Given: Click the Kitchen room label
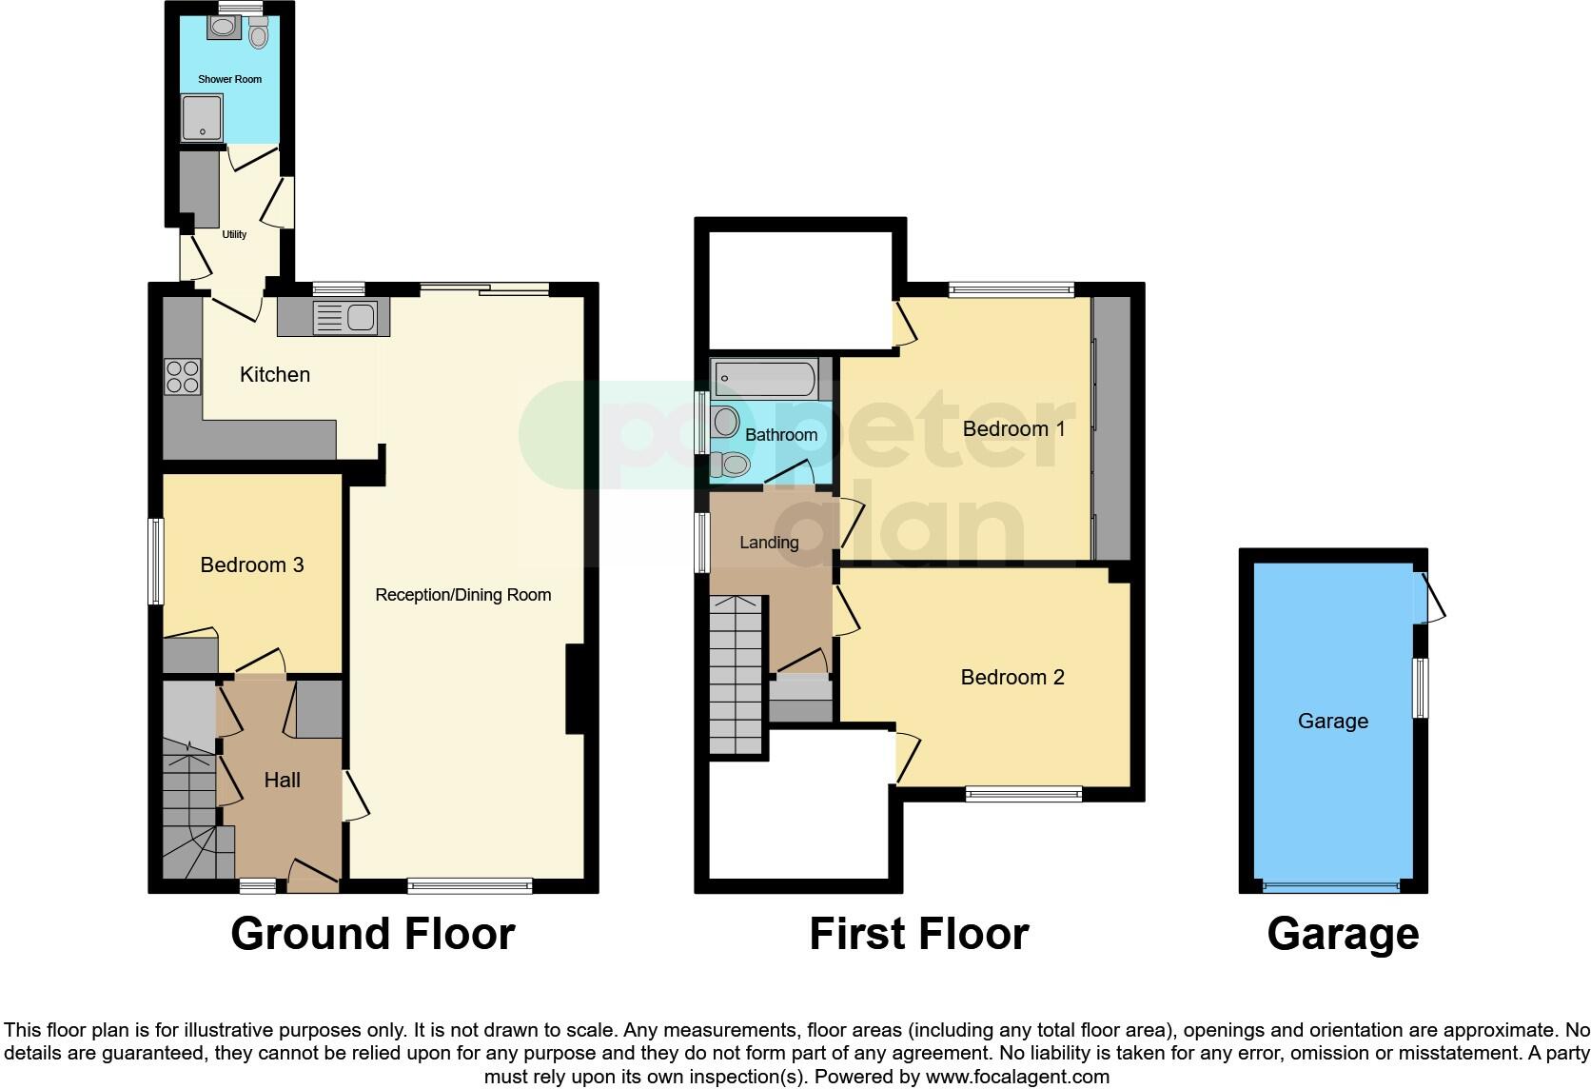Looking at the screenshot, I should coord(274,374).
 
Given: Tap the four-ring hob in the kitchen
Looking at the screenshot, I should coord(182,376).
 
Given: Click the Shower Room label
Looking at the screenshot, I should coord(229,79).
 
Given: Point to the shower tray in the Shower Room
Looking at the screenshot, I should coord(201,118).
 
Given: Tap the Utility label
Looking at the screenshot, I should coord(234,234).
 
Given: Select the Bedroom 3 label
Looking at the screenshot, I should coord(252,564).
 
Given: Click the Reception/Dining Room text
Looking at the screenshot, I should coord(462,595).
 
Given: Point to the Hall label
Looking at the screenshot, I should coord(282,780).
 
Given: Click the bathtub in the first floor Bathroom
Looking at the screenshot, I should coord(765,379).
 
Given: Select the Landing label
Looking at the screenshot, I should coord(769,543).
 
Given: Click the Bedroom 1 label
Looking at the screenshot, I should coord(1013,428).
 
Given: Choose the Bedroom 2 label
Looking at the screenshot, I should coord(1012,677).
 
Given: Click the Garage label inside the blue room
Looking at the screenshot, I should coord(1332,721).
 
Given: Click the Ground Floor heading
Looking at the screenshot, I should coord(372,934).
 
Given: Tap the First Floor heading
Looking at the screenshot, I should coord(918,934).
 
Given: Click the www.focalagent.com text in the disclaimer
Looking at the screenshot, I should coord(1016,1077).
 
